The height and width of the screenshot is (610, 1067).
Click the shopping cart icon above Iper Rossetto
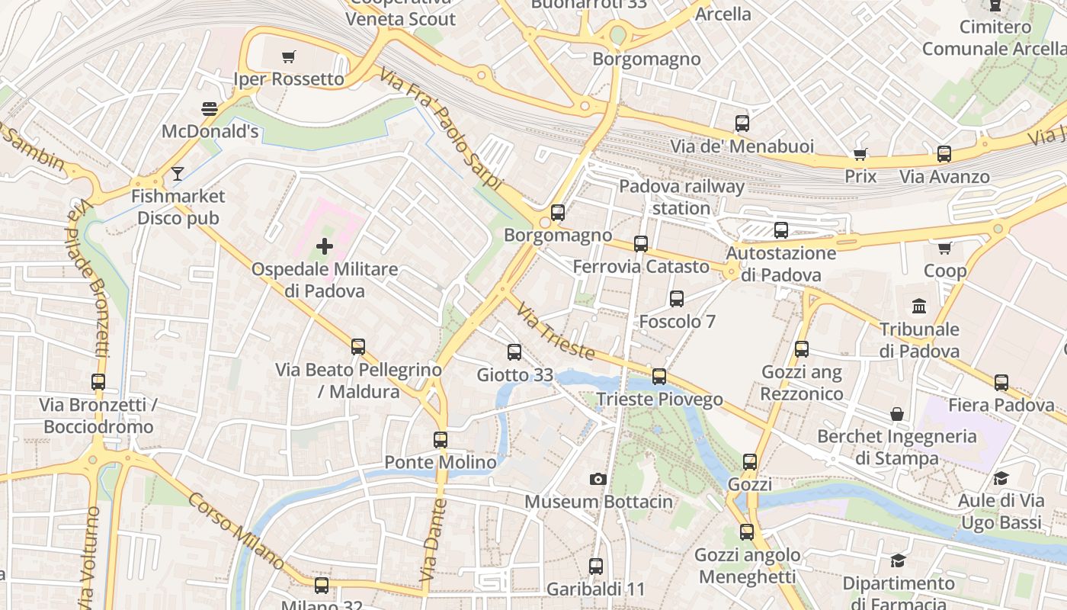pos(288,56)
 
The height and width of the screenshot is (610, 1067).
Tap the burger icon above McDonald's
pos(209,109)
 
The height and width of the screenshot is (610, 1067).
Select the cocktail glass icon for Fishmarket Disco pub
pos(178,174)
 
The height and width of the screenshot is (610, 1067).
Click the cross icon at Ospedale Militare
pos(325,246)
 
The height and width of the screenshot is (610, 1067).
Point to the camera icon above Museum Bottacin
pos(598,479)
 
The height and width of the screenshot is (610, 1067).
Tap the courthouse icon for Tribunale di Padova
pos(919,307)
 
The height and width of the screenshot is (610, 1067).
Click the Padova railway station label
pos(681,197)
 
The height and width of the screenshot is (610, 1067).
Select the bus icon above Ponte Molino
pos(441,439)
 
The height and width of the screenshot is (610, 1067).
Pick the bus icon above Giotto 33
pos(514,352)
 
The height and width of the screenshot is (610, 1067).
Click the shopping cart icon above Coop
pos(945,248)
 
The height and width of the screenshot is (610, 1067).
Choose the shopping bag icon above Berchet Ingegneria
pos(897,414)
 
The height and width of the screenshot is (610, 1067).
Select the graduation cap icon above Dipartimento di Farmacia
pos(899,560)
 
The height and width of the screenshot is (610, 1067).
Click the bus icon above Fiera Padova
pos(1001,382)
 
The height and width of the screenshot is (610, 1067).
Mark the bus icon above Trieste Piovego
pos(659,377)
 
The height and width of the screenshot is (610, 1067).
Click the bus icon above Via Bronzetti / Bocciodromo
pos(98,382)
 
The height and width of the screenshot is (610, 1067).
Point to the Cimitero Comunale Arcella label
pos(994,38)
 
